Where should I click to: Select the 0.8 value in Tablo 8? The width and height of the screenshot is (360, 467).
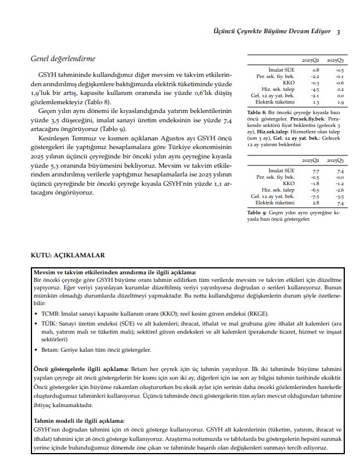click(315, 69)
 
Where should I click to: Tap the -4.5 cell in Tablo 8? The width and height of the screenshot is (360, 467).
click(315, 89)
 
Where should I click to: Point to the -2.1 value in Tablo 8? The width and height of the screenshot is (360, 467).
click(315, 95)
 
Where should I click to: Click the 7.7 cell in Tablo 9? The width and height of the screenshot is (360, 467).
click(316, 171)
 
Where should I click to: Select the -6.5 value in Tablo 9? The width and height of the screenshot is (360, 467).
click(315, 190)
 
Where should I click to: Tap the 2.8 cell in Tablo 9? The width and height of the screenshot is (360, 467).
click(316, 203)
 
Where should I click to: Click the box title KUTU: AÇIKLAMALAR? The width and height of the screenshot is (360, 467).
click(68, 255)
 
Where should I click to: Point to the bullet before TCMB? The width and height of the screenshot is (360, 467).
click(36, 313)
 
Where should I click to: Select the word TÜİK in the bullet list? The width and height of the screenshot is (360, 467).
click(51, 323)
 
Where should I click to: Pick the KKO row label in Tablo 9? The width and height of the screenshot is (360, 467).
click(288, 183)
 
